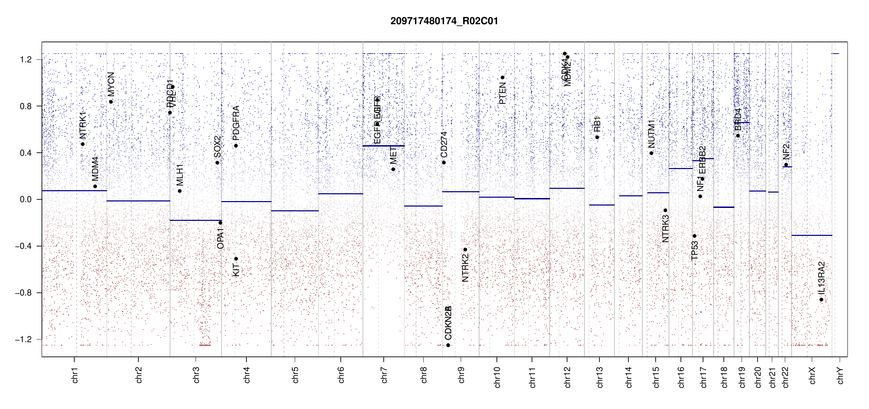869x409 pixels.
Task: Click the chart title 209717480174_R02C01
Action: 444,21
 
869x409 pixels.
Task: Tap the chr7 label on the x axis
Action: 384,375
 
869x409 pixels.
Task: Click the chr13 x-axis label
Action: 599,377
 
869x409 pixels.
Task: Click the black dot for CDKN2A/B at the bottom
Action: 448,345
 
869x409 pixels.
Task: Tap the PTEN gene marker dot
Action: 502,77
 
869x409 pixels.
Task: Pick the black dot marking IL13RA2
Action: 821,300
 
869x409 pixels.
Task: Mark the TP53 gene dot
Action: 695,236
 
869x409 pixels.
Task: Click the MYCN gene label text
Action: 111,84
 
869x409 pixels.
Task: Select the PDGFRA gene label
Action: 236,123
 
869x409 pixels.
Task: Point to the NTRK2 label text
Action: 465,268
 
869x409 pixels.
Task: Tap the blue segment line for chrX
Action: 811,235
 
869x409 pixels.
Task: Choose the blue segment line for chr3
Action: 196,220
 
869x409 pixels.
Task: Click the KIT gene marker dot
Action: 236,259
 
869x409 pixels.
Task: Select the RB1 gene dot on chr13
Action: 597,137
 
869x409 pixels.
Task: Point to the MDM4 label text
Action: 95,169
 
